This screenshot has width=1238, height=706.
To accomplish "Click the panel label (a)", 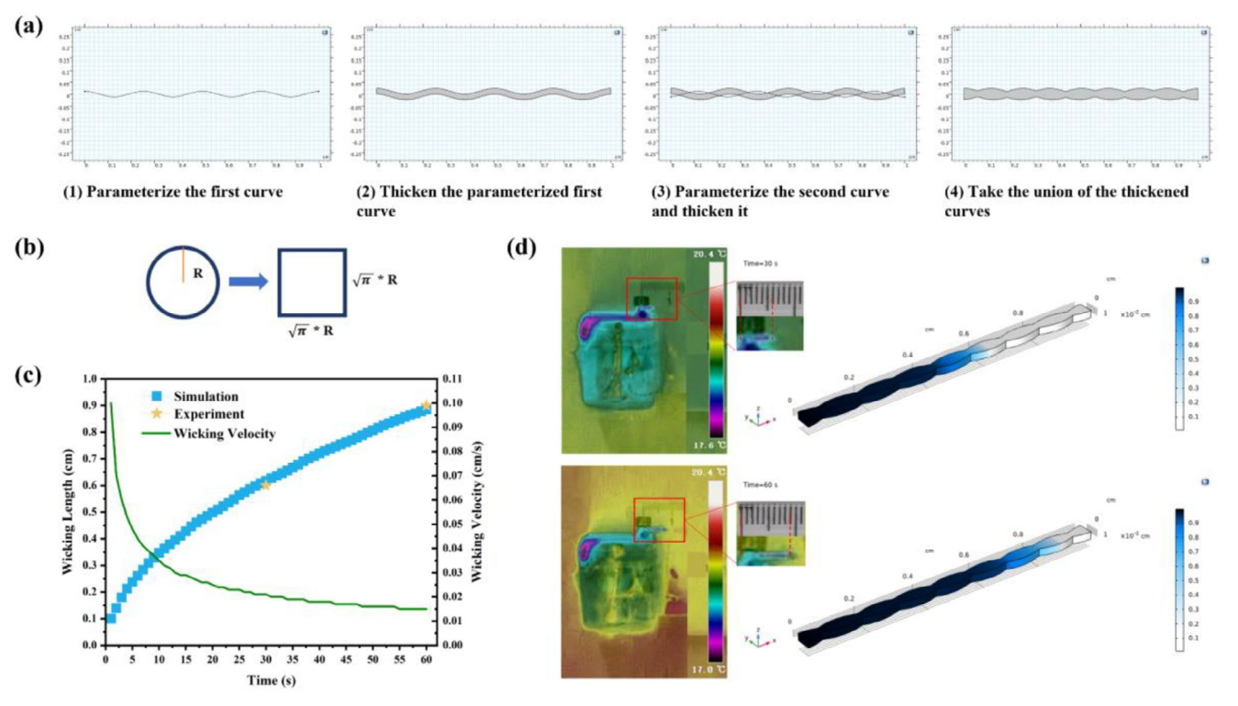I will point(28,26).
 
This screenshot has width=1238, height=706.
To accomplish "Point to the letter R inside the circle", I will point(197,273).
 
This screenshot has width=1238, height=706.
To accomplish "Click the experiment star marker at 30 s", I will point(266,484).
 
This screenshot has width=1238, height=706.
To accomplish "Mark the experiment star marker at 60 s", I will point(426,405).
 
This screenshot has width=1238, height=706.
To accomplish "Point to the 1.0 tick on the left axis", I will point(89,378).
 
